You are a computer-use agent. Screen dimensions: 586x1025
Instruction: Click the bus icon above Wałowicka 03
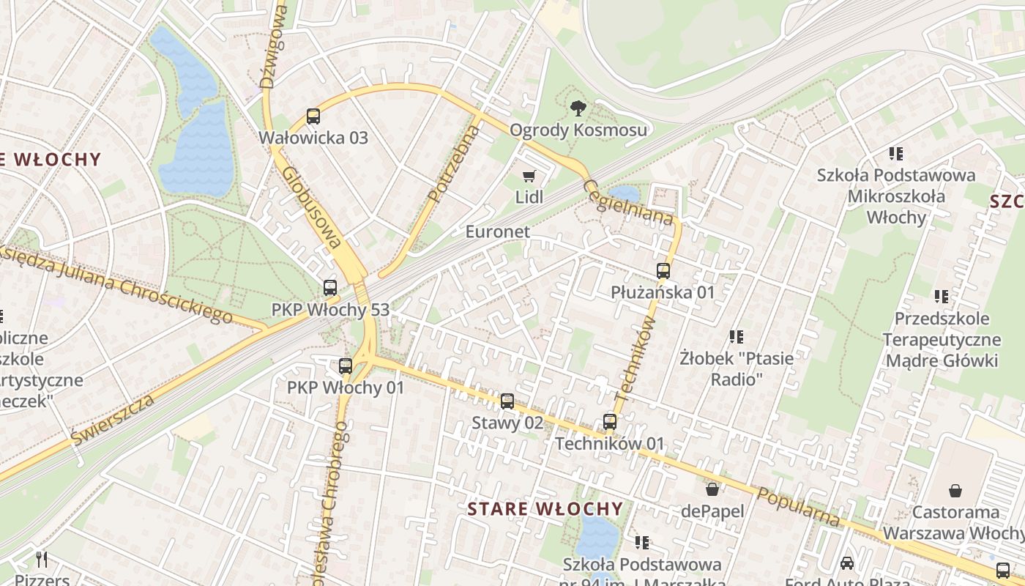(313, 116)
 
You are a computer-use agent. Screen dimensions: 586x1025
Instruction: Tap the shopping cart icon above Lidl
(529, 176)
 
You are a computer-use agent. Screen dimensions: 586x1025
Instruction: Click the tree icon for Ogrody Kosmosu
(578, 109)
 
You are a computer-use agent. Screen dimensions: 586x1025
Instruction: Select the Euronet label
(497, 231)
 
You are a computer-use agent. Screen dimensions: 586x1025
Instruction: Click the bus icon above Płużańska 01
(663, 271)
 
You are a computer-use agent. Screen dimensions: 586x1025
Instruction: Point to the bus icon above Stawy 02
(507, 401)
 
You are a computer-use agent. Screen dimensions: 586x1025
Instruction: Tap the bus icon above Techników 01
(610, 422)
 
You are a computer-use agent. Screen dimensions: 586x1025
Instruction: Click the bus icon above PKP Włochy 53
(330, 289)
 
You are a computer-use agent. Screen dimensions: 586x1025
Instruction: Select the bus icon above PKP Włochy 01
(346, 366)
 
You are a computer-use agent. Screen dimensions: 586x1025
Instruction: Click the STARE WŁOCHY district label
(545, 509)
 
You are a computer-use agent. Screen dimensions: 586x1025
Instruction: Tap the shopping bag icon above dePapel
(712, 489)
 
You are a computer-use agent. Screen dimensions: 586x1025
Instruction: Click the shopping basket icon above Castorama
(955, 490)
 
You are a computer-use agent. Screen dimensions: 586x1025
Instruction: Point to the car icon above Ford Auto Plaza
(847, 563)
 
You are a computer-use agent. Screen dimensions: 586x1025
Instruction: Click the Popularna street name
(799, 506)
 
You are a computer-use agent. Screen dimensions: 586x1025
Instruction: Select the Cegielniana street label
(628, 203)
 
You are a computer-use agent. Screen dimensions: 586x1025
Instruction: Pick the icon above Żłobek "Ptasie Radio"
(737, 337)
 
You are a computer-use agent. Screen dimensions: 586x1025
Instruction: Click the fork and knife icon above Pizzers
(42, 560)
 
